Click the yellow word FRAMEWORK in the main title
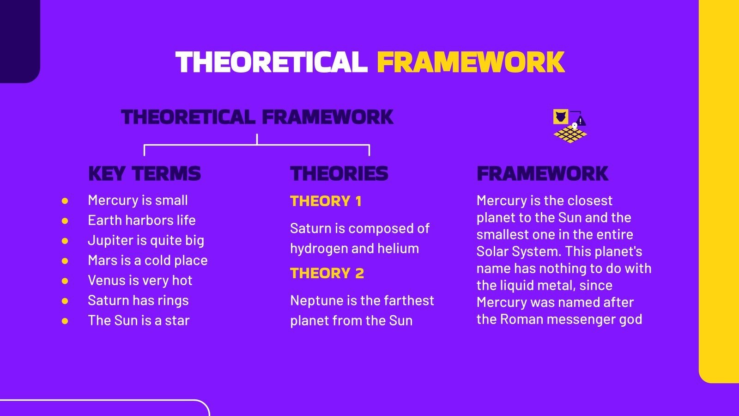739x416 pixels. point(471,62)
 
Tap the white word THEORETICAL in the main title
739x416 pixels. point(272,62)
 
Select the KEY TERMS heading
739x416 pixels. point(145,174)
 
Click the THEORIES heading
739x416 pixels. point(339,174)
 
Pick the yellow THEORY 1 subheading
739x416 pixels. point(326,201)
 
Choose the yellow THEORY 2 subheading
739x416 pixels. point(327,273)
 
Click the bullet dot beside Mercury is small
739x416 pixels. point(65,201)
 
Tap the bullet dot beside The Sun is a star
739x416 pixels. point(65,321)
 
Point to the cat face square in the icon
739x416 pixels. point(561,117)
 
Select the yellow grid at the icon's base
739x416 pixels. point(570,135)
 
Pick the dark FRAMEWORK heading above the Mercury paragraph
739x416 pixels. point(543,174)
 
